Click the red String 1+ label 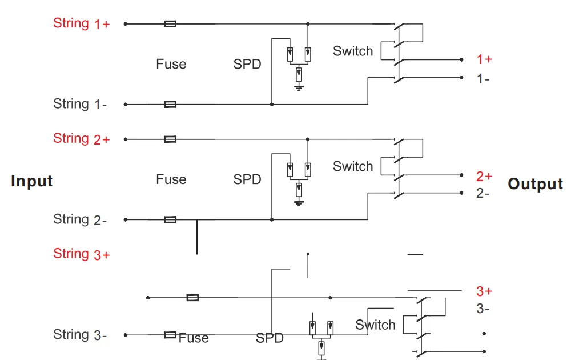pyautogui.click(x=81, y=23)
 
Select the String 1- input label pyautogui.click(x=80, y=104)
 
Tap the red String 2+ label pyautogui.click(x=81, y=139)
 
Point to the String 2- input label pyautogui.click(x=80, y=219)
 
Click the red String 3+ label pyautogui.click(x=81, y=254)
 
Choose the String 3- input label pyautogui.click(x=80, y=335)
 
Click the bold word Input pyautogui.click(x=32, y=181)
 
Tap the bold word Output pyautogui.click(x=535, y=184)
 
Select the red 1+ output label pyautogui.click(x=484, y=59)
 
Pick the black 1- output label pyautogui.click(x=483, y=79)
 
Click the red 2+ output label pyautogui.click(x=484, y=176)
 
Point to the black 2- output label pyautogui.click(x=483, y=193)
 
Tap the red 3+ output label pyautogui.click(x=484, y=291)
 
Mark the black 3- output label pyautogui.click(x=483, y=309)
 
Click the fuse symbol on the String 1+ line pyautogui.click(x=170, y=24)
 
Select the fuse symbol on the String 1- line pyautogui.click(x=170, y=105)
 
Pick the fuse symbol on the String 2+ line pyautogui.click(x=170, y=139)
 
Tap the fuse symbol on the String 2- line pyautogui.click(x=170, y=219)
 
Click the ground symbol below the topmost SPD pyautogui.click(x=299, y=87)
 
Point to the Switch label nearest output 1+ pyautogui.click(x=353, y=51)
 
